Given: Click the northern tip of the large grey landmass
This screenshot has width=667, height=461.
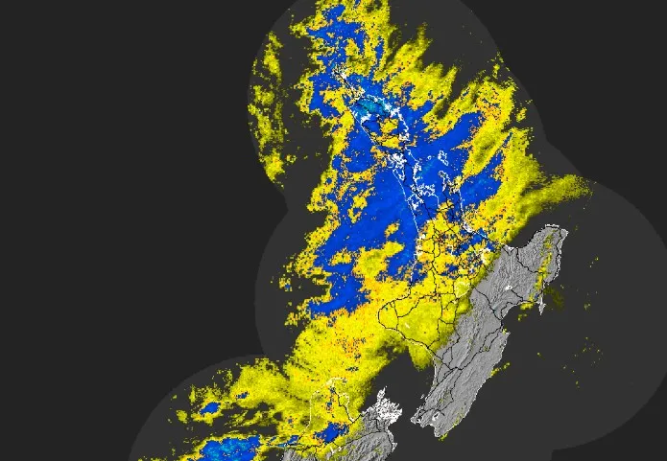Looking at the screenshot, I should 554,229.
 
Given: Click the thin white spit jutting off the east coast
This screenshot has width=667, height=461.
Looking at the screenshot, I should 542,303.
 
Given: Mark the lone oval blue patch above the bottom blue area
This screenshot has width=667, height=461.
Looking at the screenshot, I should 209,409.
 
